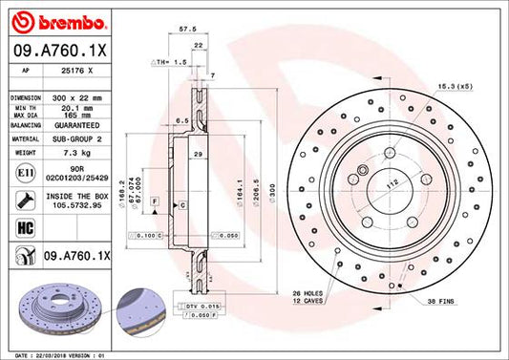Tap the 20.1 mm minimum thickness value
pyautogui.click(x=72, y=109)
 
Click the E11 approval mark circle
pyautogui.click(x=22, y=173)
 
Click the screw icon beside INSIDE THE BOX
pyautogui.click(x=22, y=201)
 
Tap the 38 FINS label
pyautogui.click(x=443, y=302)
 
